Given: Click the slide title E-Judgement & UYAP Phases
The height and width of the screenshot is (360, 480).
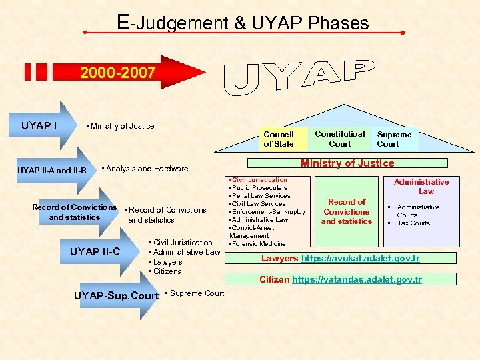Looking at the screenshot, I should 243,23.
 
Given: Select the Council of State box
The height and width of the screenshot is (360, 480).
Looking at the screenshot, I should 278,139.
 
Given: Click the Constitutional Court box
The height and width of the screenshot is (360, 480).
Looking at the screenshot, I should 339,138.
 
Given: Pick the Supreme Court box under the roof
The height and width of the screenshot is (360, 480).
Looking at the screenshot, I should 394,139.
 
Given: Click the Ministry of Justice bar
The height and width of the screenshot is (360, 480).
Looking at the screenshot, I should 347,163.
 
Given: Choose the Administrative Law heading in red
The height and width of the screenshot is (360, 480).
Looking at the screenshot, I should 421,186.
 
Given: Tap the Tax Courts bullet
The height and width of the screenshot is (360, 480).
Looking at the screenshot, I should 413,223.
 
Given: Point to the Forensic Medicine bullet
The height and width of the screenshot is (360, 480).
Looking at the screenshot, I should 259,243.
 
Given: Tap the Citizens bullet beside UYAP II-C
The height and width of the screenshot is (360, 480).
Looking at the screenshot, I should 167,271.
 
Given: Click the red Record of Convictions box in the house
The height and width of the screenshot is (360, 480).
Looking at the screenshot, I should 347,211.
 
